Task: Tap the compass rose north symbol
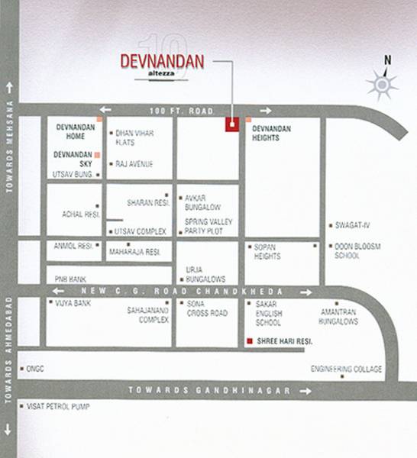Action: pyautogui.click(x=382, y=83)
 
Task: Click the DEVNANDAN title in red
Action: pyautogui.click(x=163, y=62)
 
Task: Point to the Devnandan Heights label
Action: pyautogui.click(x=276, y=134)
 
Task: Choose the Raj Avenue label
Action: pyautogui.click(x=134, y=164)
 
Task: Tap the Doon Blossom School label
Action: pyautogui.click(x=357, y=251)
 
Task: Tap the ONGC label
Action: pyautogui.click(x=35, y=369)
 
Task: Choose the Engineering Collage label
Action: pyautogui.click(x=346, y=369)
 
